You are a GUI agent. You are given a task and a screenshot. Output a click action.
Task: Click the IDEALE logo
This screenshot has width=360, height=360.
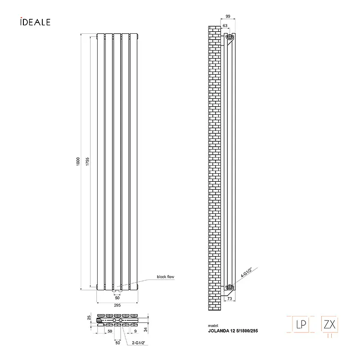tap(36, 22)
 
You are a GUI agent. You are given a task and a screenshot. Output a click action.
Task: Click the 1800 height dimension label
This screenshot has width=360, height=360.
tap(78, 162)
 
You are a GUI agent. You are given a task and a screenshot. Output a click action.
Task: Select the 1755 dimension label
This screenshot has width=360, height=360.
tap(87, 162)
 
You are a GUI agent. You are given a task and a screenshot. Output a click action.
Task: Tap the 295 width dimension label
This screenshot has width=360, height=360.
tap(117, 305)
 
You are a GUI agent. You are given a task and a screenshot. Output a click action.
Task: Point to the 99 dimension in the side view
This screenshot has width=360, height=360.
tap(228, 16)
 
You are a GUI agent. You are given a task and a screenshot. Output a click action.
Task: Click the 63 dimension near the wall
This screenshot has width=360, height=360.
tap(225, 26)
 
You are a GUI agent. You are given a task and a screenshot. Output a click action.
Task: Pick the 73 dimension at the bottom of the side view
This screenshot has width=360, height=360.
tap(229, 298)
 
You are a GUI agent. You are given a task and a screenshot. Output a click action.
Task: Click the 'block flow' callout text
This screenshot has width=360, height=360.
tap(166, 277)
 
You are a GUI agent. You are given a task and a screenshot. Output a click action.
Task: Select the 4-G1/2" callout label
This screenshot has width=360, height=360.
tap(246, 273)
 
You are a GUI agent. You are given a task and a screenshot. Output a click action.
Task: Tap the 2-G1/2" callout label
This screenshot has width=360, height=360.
tap(139, 343)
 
